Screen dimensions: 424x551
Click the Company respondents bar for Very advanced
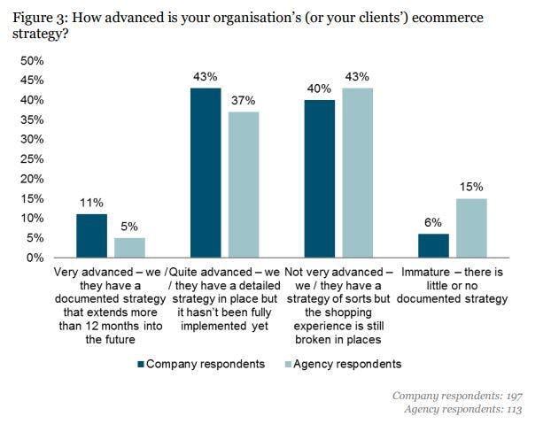tap(91, 235)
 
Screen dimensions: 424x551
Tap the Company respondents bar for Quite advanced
tap(206, 173)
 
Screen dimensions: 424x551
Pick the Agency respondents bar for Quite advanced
tap(243, 184)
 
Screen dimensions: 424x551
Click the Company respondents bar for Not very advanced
tap(320, 179)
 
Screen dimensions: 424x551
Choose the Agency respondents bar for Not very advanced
tap(357, 173)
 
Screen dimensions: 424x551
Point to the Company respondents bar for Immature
tap(433, 246)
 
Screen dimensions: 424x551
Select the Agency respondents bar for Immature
tap(470, 228)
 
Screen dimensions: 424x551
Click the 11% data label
tap(91, 202)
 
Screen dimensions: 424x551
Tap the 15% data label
tap(470, 187)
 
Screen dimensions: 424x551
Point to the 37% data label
tap(243, 100)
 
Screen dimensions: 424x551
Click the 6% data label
tap(433, 223)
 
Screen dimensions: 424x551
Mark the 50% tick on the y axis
tap(32, 61)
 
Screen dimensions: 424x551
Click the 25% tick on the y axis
tap(32, 159)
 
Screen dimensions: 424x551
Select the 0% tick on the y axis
tap(35, 258)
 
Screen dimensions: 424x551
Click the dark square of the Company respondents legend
tap(140, 364)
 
